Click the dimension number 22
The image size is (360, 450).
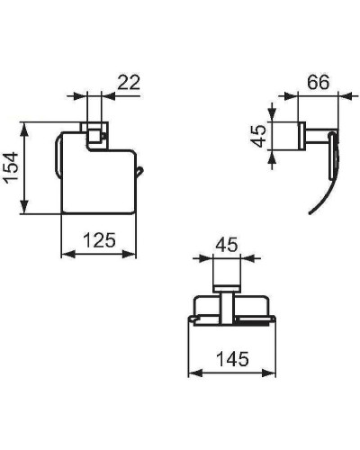point(128,82)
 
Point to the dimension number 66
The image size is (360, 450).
point(317,80)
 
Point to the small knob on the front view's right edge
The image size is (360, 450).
point(138,170)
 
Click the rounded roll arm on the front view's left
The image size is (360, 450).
point(57,157)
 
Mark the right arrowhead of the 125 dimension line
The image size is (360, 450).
point(138,253)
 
